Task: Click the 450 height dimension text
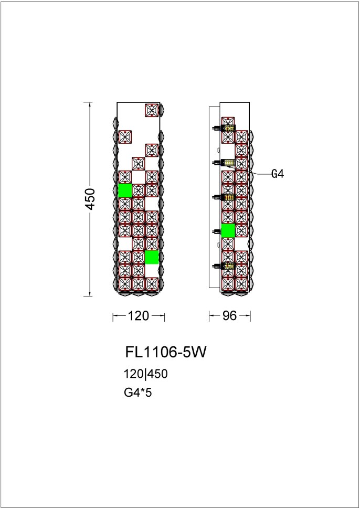90,198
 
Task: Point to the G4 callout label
278,174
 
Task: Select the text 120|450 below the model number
145,374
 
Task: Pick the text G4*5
137,391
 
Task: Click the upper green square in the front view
125,190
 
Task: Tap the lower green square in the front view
152,257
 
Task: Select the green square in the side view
228,230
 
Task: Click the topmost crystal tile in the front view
152,110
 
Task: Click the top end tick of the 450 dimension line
90,102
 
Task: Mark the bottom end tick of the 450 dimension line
90,295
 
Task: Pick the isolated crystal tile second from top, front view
125,137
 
